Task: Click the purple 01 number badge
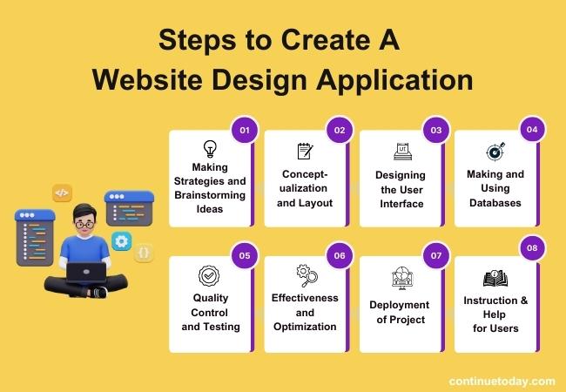[x=245, y=131]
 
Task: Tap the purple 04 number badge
[x=530, y=131]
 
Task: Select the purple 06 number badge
[x=340, y=256]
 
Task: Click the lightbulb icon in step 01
[x=209, y=149]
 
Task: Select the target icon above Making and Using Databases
[x=495, y=152]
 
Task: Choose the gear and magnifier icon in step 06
[x=306, y=275]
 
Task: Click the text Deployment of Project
[x=400, y=312]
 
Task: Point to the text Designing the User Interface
[x=401, y=190]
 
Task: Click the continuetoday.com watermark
[x=502, y=381]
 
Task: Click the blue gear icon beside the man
[x=121, y=240]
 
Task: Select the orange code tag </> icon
[x=62, y=193]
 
